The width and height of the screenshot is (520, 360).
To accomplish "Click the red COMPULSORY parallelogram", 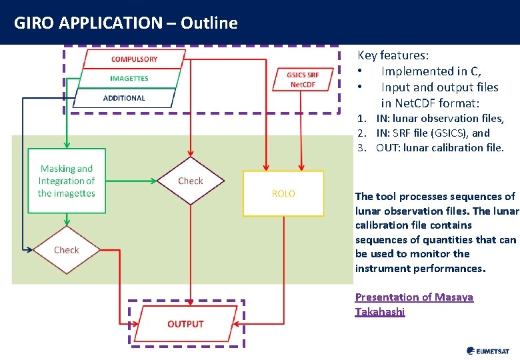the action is pyautogui.click(x=134, y=59).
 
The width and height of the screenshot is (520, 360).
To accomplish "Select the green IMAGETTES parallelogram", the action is pyautogui.click(x=129, y=79).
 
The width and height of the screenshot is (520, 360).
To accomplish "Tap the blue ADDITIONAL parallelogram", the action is pyautogui.click(x=125, y=98).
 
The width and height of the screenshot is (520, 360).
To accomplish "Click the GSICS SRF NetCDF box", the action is pyautogui.click(x=303, y=79).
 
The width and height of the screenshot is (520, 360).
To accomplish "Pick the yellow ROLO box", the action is pyautogui.click(x=283, y=193).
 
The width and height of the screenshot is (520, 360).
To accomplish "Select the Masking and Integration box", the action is pyautogui.click(x=67, y=181).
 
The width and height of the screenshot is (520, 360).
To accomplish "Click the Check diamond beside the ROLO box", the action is pyautogui.click(x=191, y=181).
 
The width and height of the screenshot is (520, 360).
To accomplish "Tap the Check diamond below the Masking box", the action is pyautogui.click(x=67, y=250).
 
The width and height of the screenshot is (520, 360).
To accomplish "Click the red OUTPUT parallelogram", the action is pyautogui.click(x=185, y=324).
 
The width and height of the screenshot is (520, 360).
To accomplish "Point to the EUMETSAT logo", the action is pyautogui.click(x=488, y=351).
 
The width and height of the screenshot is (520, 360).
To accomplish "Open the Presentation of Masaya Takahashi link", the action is pyautogui.click(x=414, y=304).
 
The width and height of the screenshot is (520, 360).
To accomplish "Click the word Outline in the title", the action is pyautogui.click(x=209, y=23).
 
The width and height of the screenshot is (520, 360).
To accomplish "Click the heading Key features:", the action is pyautogui.click(x=393, y=55).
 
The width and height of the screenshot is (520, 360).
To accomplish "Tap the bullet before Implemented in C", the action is pyautogui.click(x=360, y=71).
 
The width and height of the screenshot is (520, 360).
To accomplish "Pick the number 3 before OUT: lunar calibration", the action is pyautogui.click(x=361, y=147).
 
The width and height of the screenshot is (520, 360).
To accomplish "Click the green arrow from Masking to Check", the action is pyautogui.click(x=131, y=181).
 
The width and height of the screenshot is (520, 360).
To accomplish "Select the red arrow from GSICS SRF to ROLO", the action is pyautogui.click(x=301, y=131).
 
